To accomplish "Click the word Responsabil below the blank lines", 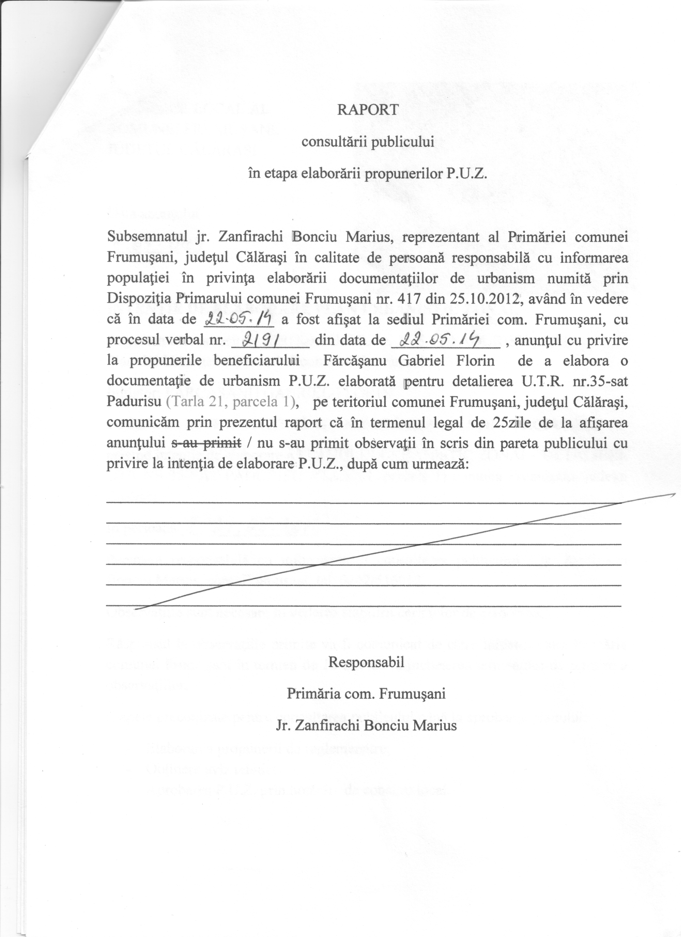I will [x=366, y=662].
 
